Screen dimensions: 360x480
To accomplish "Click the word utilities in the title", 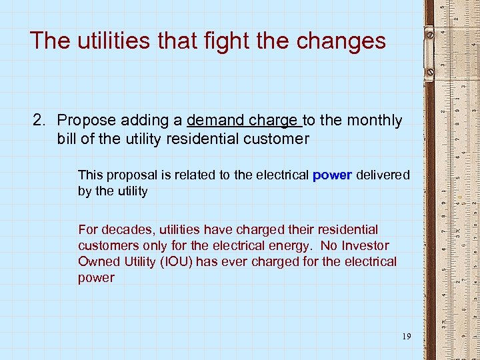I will point(113,41).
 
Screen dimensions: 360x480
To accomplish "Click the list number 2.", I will point(41,120).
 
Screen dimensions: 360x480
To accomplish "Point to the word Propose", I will point(84,120).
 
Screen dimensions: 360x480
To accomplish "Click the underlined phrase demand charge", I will point(243,120).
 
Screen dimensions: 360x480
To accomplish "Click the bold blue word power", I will point(332,175).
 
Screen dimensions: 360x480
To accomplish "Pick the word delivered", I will point(383,175).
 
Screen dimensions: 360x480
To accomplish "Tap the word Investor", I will point(365,245).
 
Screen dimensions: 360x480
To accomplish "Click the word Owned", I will point(98,261).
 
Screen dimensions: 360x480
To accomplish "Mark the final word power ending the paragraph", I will point(96,277).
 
